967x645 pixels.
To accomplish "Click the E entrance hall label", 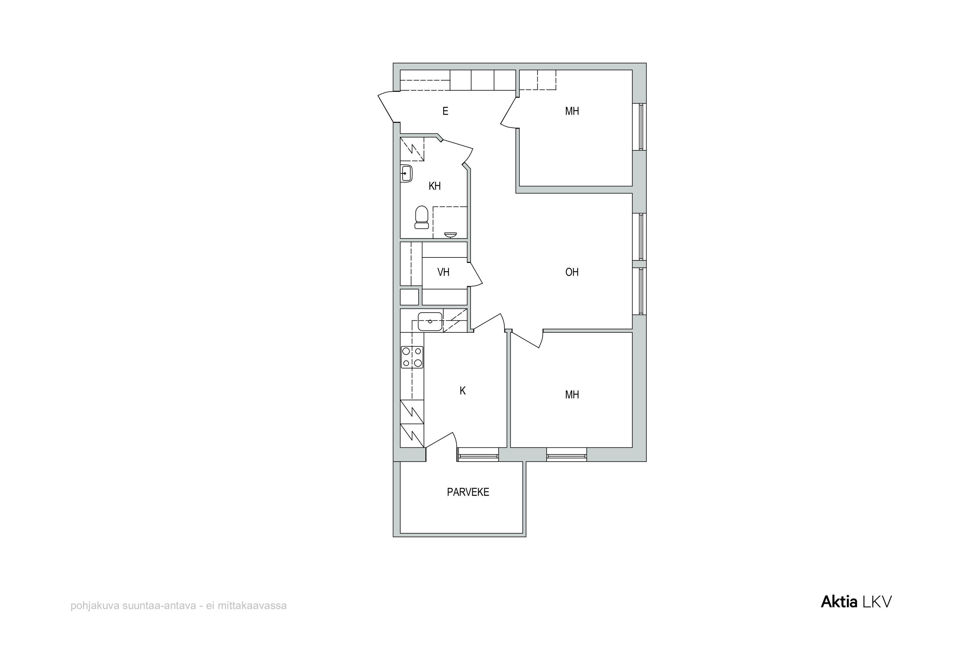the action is pyautogui.click(x=445, y=111).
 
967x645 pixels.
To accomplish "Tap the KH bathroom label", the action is pyautogui.click(x=435, y=186).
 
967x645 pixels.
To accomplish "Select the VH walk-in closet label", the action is pyautogui.click(x=444, y=272).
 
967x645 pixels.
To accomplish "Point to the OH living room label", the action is pyautogui.click(x=572, y=272).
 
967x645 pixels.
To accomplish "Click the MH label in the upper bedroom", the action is pyautogui.click(x=572, y=111).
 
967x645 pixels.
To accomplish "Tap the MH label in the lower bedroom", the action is pyautogui.click(x=572, y=395).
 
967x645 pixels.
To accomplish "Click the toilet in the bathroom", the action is pyautogui.click(x=422, y=217).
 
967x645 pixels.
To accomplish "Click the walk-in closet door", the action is pyautogui.click(x=476, y=274).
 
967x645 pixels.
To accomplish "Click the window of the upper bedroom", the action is pyautogui.click(x=640, y=127).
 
